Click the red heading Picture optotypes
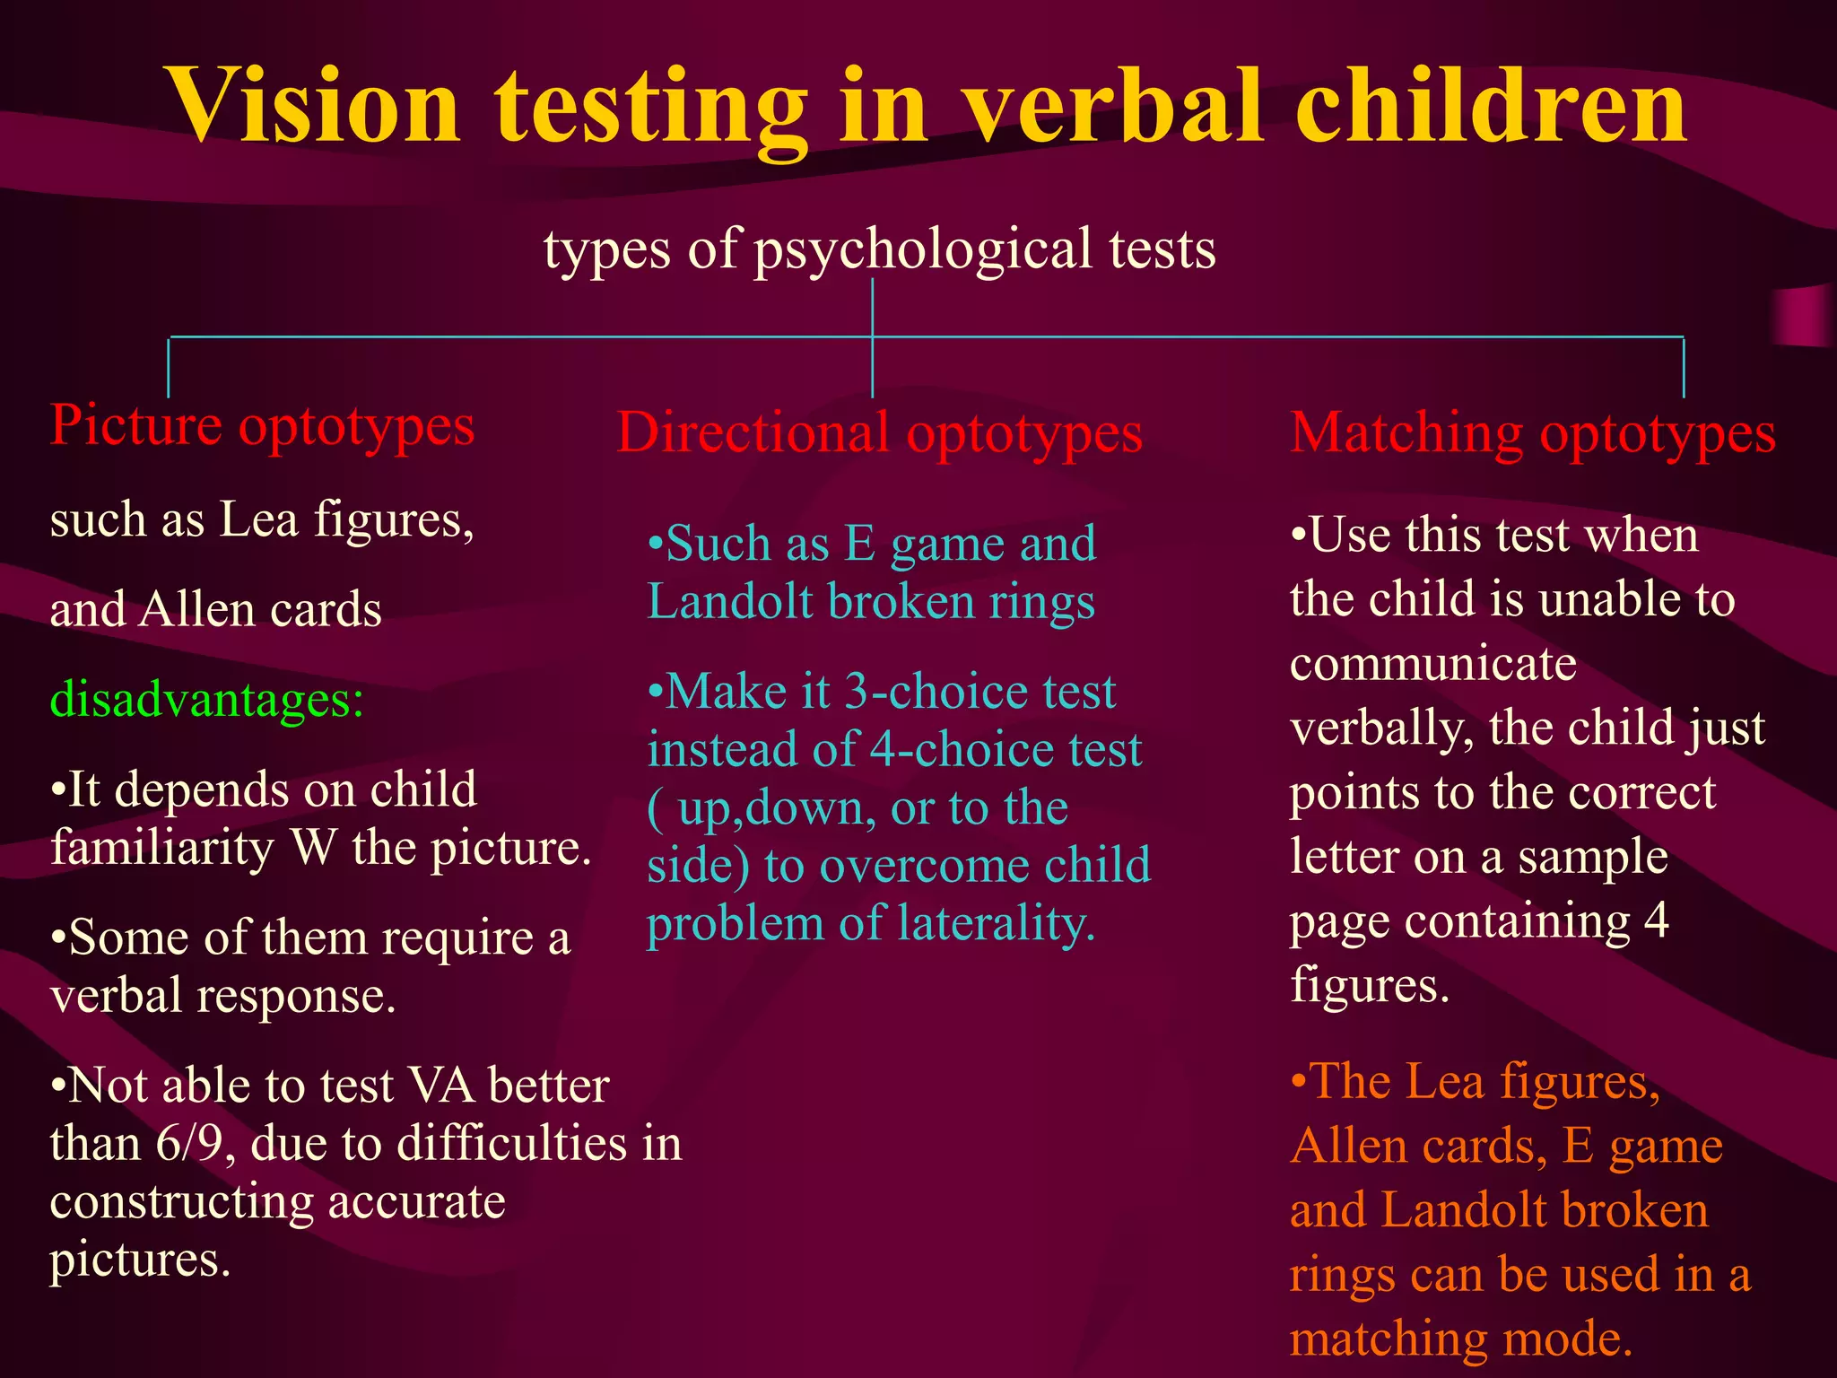coord(262,425)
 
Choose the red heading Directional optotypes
coord(879,433)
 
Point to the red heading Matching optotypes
coord(1533,433)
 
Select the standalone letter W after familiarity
coord(313,848)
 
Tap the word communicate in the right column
coord(1433,664)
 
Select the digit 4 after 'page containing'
coord(1656,920)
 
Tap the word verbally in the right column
coord(1381,728)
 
